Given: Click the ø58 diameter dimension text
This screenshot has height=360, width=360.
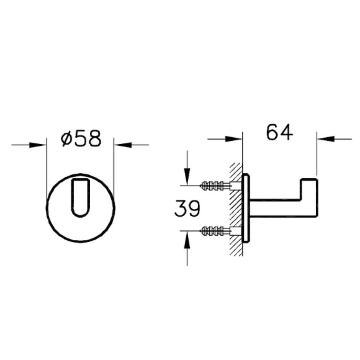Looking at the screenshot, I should click(x=80, y=138).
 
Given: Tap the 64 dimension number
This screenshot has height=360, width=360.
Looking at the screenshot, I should click(x=279, y=132).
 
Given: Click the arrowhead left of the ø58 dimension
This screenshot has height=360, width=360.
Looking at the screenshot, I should click(x=40, y=145).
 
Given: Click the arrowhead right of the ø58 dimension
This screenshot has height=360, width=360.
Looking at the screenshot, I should click(x=120, y=145).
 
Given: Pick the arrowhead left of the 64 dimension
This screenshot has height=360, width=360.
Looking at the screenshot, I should click(x=234, y=138).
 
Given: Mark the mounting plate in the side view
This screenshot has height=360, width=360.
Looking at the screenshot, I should click(x=248, y=208).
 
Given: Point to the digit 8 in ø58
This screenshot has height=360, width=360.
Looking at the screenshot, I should click(x=93, y=138).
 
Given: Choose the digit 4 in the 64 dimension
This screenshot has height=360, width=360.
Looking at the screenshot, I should click(x=287, y=132).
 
